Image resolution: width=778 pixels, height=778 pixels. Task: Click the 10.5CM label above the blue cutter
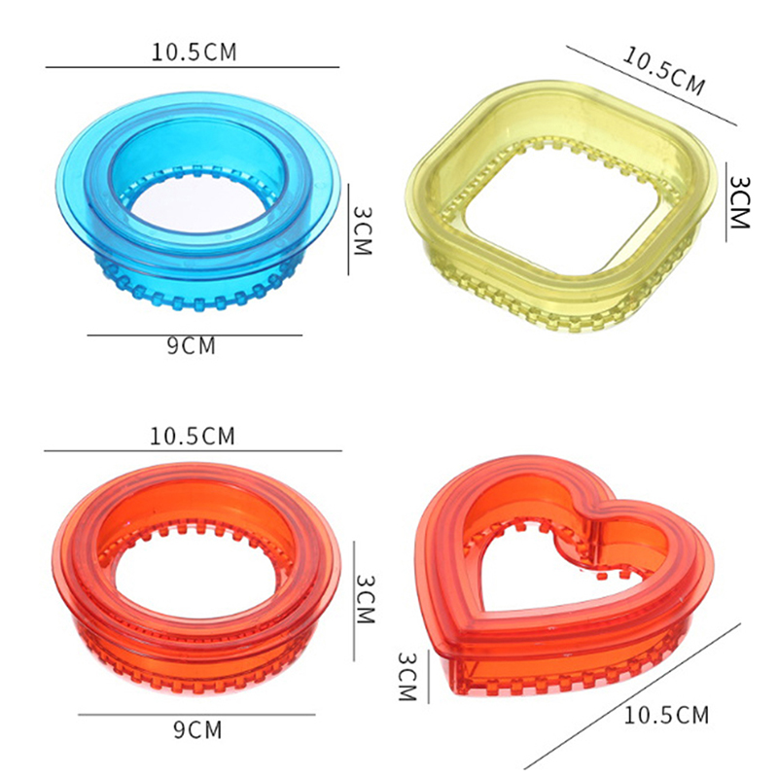coord(194,53)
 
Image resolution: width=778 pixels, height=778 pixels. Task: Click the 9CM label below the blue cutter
coord(191,346)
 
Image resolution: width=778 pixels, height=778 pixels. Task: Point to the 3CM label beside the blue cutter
coord(363,230)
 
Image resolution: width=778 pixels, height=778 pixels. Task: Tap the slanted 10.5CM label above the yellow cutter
coord(663,71)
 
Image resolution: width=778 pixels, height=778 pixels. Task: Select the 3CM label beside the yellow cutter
coord(739,202)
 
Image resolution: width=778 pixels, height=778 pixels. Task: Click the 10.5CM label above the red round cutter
coord(193,436)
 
